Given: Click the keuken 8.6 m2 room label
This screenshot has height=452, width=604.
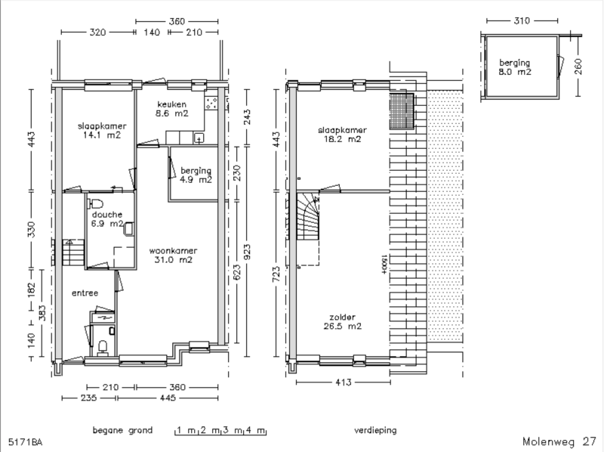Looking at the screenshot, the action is pyautogui.click(x=172, y=109).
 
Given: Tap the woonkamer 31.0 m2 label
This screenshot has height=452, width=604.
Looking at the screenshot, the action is pyautogui.click(x=173, y=255).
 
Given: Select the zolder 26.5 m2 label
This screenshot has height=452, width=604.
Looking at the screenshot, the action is pyautogui.click(x=343, y=322).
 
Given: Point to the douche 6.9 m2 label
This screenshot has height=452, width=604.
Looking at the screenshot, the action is pyautogui.click(x=107, y=219).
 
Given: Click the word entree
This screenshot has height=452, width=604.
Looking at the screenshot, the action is pyautogui.click(x=85, y=293).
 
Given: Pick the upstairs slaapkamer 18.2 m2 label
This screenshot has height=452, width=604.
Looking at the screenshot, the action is pyautogui.click(x=342, y=135).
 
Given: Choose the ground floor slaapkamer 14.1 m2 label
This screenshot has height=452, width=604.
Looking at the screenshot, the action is pyautogui.click(x=102, y=130).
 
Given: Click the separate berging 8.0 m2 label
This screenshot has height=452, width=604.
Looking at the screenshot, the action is pyautogui.click(x=515, y=67).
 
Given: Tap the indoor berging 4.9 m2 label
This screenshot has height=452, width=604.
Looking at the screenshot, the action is pyautogui.click(x=196, y=175).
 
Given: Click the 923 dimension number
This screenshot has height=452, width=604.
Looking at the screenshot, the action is pyautogui.click(x=248, y=252).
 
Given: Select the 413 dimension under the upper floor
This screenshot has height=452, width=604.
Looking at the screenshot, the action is pyautogui.click(x=344, y=382).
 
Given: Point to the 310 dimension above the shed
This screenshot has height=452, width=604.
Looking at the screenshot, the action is pyautogui.click(x=522, y=21).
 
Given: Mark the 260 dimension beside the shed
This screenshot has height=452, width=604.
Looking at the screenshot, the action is pyautogui.click(x=578, y=67).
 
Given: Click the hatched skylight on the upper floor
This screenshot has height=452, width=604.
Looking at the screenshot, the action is pyautogui.click(x=402, y=111).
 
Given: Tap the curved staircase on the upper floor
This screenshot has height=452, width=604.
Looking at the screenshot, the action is pyautogui.click(x=307, y=216).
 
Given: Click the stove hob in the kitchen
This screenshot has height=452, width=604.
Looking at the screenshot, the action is pyautogui.click(x=211, y=103).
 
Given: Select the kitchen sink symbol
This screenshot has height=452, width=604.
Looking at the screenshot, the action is pyautogui.click(x=199, y=138).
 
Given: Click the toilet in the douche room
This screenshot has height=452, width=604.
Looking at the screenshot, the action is pyautogui.click(x=96, y=203).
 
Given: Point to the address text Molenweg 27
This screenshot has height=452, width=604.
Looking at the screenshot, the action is pyautogui.click(x=559, y=441).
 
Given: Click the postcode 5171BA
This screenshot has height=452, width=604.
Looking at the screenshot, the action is pyautogui.click(x=25, y=442).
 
